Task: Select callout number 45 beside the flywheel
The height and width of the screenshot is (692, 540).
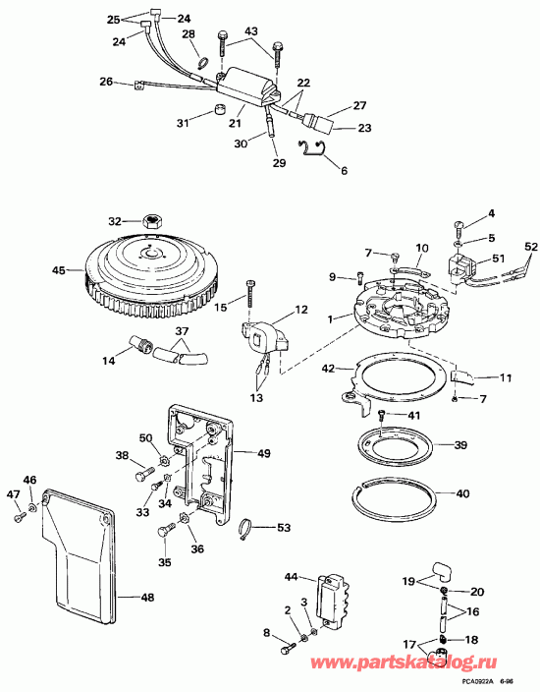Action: pos(58,270)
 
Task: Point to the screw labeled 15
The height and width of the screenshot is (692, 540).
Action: pos(251,290)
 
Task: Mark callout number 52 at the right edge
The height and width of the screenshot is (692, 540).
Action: pos(531,247)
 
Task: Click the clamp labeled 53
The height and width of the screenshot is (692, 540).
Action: pos(250,531)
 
